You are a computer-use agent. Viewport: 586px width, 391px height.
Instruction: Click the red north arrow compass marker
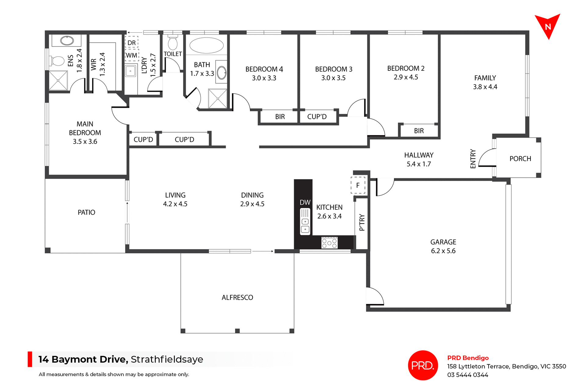pos(548,26)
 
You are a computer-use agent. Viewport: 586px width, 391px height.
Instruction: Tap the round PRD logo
pos(423,365)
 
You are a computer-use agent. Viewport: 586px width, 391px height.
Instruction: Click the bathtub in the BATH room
pos(206,45)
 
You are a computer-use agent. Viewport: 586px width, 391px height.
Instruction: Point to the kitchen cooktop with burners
pos(329,243)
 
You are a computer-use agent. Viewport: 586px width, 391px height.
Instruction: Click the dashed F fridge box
pos(358,185)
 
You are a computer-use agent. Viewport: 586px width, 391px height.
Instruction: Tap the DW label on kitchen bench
pos(305,202)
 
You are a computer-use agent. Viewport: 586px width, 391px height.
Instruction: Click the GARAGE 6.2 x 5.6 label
pos(443,246)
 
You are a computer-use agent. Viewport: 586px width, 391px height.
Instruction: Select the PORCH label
pos(520,159)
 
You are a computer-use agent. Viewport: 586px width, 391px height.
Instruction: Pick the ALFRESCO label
pos(237,298)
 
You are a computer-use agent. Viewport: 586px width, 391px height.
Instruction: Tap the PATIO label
pos(86,212)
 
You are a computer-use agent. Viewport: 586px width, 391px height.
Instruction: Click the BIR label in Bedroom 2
pos(419,131)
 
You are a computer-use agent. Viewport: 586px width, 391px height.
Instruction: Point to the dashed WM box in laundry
pos(132,55)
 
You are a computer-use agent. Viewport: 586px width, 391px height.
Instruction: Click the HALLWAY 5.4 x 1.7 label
pos(419,159)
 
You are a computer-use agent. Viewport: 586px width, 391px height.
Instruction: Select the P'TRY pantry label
pos(362,222)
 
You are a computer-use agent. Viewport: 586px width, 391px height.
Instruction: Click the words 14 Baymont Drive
pos(83,359)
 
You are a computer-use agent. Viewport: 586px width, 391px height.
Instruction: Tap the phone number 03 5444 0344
pos(468,375)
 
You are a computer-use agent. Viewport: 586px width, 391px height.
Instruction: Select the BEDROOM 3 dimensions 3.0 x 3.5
pos(333,78)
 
